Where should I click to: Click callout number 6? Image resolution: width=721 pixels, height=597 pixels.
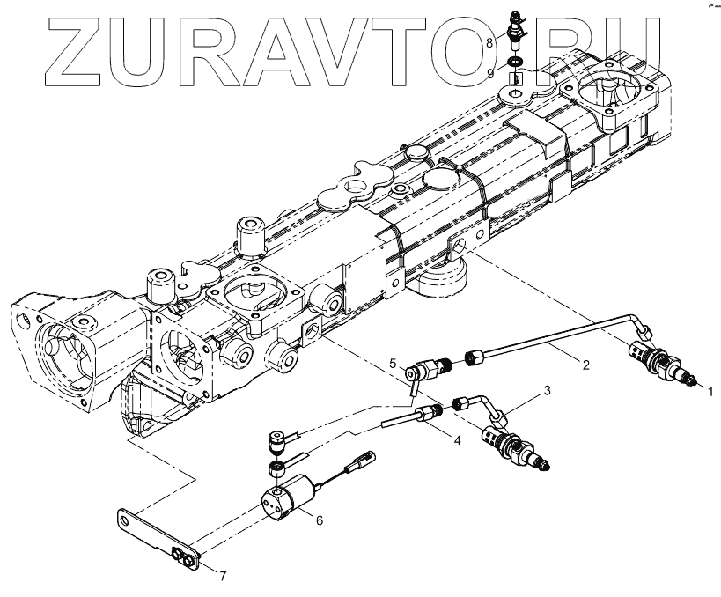tap(319, 520)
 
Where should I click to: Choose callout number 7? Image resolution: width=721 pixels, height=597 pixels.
tap(223, 578)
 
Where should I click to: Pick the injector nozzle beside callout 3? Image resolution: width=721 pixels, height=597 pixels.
tap(515, 445)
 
